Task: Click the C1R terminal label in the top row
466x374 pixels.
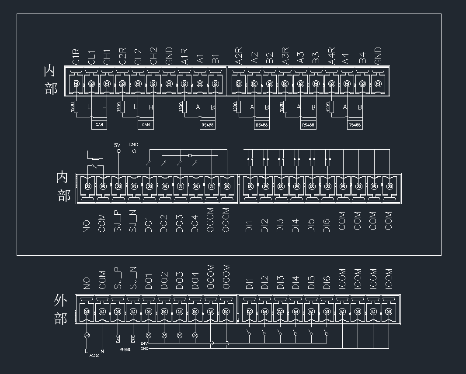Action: pos(76,57)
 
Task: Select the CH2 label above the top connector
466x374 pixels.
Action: pos(153,56)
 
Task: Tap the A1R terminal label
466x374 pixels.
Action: pos(184,57)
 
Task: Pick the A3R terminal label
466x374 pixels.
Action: pos(285,56)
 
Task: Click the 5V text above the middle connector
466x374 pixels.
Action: pos(117,145)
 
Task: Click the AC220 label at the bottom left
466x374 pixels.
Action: pos(94,356)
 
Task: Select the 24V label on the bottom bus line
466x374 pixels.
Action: pos(144,343)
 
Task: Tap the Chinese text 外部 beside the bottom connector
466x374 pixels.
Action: pos(61,309)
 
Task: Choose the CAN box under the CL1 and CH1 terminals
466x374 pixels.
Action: pos(99,125)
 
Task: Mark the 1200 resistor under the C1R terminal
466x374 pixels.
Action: pos(76,107)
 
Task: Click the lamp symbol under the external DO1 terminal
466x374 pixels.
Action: pos(149,335)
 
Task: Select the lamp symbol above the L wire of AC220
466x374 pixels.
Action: pos(87,335)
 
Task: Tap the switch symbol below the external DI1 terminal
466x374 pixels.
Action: pos(249,334)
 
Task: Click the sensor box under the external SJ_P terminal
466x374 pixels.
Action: pos(117,338)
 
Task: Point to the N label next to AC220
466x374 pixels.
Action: pos(102,351)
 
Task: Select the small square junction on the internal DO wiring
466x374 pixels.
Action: pos(190,155)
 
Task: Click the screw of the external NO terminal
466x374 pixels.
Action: pos(87,312)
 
